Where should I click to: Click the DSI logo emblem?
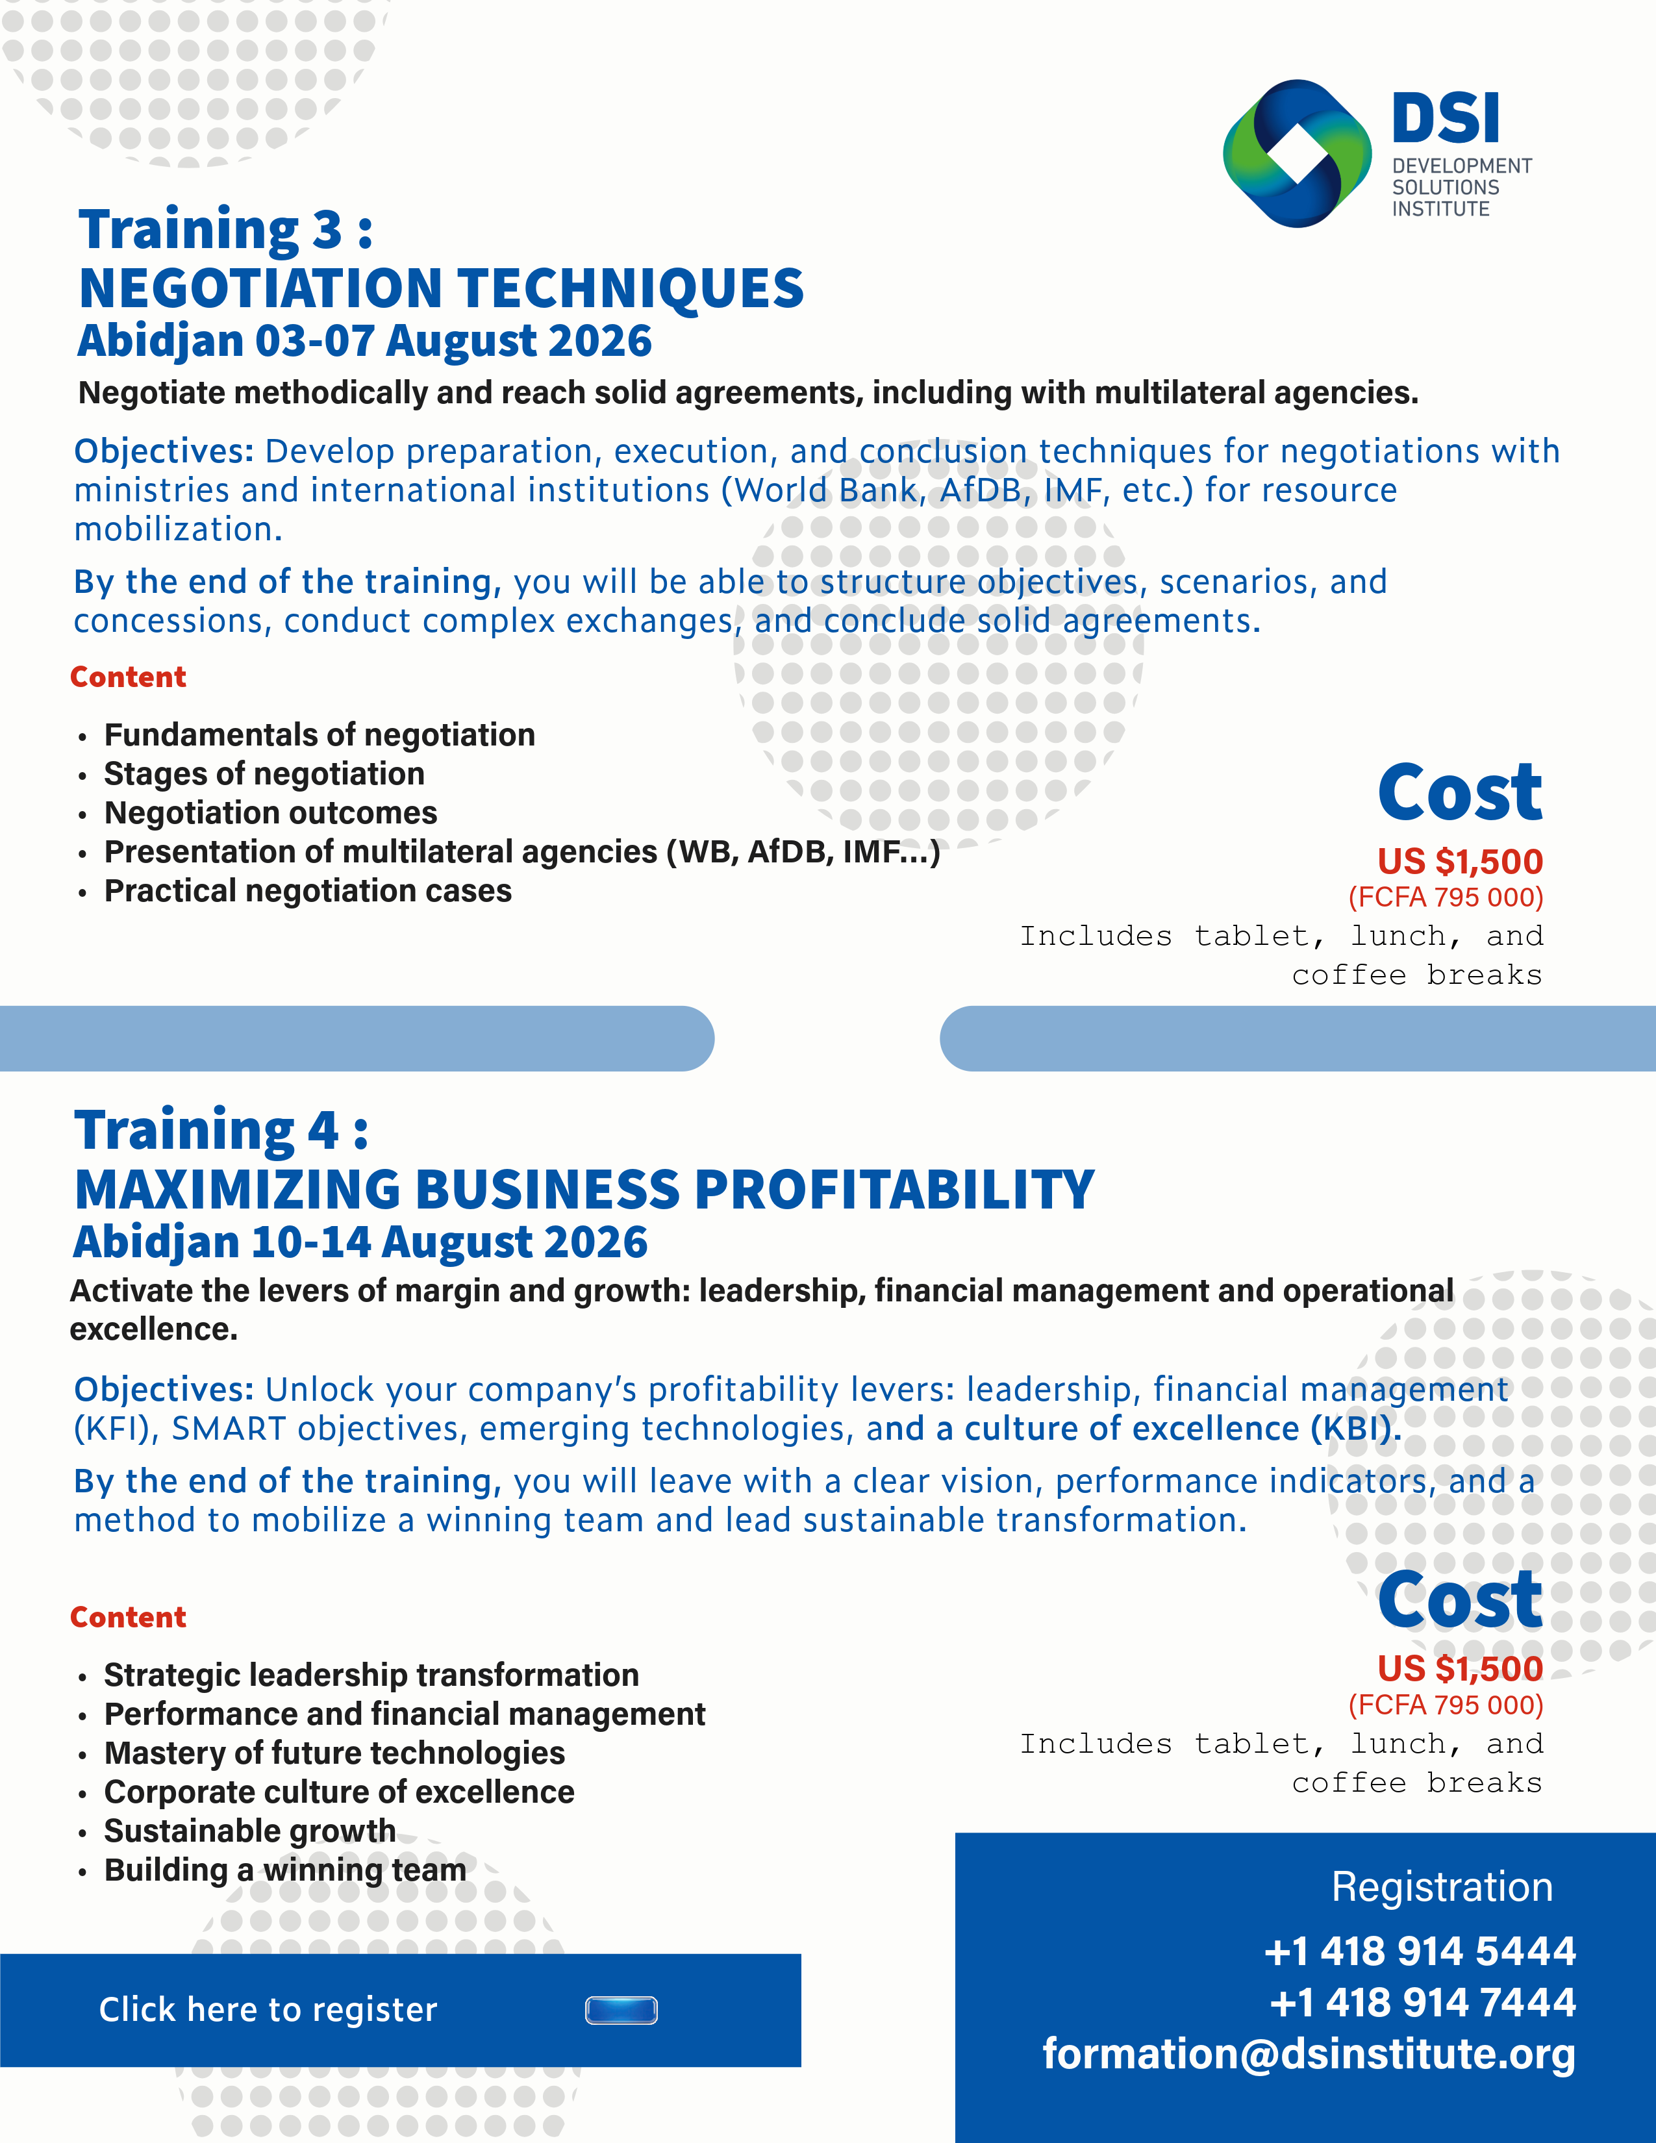pos(1296,153)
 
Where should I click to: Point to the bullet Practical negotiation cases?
pos(307,891)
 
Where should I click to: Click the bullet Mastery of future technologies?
pos(334,1753)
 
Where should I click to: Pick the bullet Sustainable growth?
pos(249,1831)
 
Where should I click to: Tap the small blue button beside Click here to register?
pos(621,2011)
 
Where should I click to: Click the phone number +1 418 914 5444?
pos(1420,1951)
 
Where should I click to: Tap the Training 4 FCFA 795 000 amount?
pos(1445,1705)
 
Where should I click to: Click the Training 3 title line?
pos(225,230)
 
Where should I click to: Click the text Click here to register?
pos(268,2010)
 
